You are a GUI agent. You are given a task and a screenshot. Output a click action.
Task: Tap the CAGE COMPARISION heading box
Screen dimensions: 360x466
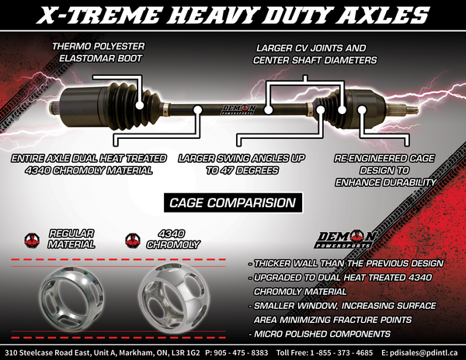233,203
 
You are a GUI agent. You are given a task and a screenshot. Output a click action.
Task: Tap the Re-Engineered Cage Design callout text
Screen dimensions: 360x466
393,169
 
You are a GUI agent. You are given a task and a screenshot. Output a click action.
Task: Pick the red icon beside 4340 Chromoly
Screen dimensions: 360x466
131,238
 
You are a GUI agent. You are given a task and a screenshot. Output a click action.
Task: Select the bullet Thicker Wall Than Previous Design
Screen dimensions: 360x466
347,263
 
